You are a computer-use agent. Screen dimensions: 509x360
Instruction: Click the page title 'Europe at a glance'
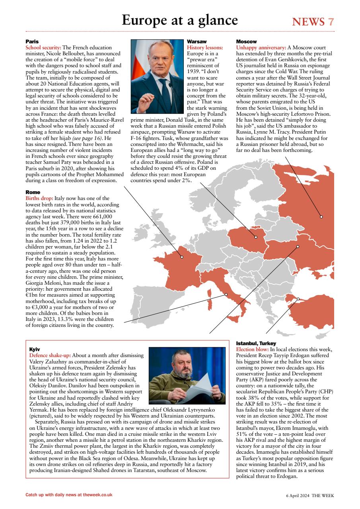[180, 20]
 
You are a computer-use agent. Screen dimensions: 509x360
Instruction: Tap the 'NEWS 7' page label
[313, 22]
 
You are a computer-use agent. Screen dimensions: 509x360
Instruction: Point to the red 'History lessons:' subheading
[205, 48]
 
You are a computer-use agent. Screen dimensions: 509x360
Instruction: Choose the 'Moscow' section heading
[246, 42]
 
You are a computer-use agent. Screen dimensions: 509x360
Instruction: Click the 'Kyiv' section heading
[35, 349]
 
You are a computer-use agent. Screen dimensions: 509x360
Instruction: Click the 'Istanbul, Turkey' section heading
[256, 343]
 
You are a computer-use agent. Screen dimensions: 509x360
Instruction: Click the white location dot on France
[182, 257]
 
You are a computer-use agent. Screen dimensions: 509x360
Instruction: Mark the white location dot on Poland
[256, 237]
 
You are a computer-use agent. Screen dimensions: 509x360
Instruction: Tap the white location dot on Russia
[321, 217]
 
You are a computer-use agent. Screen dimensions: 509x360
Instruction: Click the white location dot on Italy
[226, 295]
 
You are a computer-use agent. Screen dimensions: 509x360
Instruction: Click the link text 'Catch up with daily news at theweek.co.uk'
[69, 495]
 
